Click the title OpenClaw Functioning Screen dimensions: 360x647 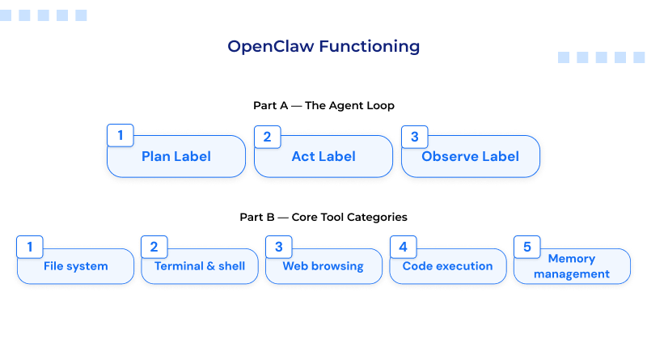click(323, 46)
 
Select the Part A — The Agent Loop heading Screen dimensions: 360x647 click(323, 105)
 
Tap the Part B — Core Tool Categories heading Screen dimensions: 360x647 click(323, 217)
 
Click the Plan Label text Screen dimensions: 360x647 click(176, 157)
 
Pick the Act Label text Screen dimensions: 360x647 click(323, 157)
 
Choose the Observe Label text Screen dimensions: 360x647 click(471, 157)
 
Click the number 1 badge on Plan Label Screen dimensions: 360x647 click(121, 136)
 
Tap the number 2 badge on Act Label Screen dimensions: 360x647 click(268, 136)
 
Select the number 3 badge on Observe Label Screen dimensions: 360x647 click(415, 136)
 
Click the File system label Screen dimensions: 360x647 click(76, 266)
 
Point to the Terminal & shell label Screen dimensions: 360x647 click(200, 266)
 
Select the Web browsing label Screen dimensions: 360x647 click(323, 266)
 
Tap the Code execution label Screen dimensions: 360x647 click(447, 266)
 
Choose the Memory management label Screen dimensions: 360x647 click(572, 266)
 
